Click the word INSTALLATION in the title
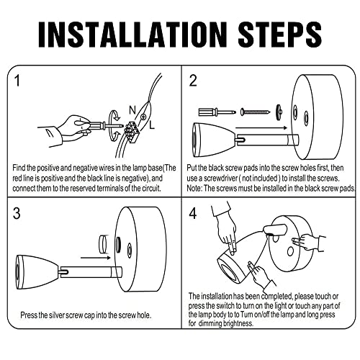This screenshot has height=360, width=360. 132,35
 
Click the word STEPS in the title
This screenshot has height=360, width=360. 279,35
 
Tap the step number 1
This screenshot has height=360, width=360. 17,81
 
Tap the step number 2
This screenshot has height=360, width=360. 193,81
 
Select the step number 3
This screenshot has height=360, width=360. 17,213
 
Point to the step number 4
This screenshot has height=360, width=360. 193,213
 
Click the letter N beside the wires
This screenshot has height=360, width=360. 132,110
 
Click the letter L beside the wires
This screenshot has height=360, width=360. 152,125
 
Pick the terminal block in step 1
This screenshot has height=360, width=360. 131,132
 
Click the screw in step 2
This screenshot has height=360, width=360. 256,112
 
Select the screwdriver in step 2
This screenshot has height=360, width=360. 217,112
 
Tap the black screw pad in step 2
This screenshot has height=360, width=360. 279,112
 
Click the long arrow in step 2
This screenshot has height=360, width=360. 261,127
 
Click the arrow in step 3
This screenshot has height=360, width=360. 96,258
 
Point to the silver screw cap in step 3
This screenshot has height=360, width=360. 103,244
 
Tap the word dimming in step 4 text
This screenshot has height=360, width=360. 210,323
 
